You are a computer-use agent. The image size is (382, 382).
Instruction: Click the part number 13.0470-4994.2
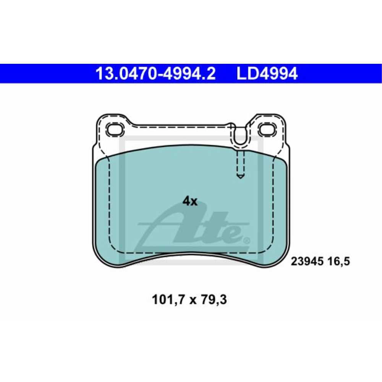(155, 74)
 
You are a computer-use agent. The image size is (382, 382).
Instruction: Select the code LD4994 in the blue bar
(267, 74)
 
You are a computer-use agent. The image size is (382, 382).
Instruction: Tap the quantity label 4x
(190, 201)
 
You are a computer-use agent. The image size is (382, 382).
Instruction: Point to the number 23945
(307, 261)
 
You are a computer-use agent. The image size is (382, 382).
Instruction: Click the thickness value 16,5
(338, 262)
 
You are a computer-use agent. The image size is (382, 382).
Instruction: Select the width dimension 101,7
(168, 299)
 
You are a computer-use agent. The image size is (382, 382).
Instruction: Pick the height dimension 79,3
(214, 299)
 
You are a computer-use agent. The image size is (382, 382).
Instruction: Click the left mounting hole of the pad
(115, 129)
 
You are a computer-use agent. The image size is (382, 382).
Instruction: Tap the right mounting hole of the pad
(268, 129)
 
